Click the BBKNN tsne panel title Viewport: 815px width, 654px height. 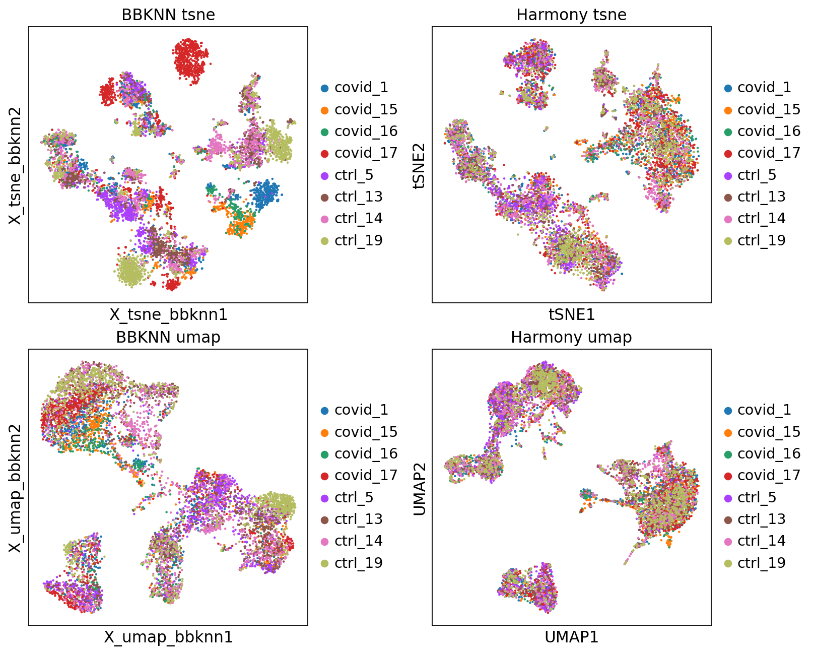click(168, 15)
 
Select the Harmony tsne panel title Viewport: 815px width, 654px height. click(571, 15)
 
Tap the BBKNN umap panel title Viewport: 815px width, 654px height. click(168, 337)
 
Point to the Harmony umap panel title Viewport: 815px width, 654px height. click(571, 337)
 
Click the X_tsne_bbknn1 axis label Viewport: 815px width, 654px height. click(168, 314)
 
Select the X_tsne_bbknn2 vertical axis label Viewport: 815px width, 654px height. click(16, 165)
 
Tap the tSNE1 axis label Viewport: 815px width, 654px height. click(571, 314)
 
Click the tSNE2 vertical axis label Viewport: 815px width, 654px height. click(419, 165)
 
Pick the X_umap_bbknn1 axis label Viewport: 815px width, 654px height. click(168, 637)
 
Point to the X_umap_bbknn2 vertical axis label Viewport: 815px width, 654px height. click(16, 488)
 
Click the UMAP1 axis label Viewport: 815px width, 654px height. click(571, 637)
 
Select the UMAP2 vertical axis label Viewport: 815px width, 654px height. click(419, 488)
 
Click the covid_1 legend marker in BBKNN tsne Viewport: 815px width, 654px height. click(325, 88)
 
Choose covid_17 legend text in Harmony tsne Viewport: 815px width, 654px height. click(769, 153)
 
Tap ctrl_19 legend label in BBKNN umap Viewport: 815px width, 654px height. click(358, 563)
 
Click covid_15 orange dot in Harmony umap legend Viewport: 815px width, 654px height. click(728, 432)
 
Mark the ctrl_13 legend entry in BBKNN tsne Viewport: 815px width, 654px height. click(358, 197)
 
